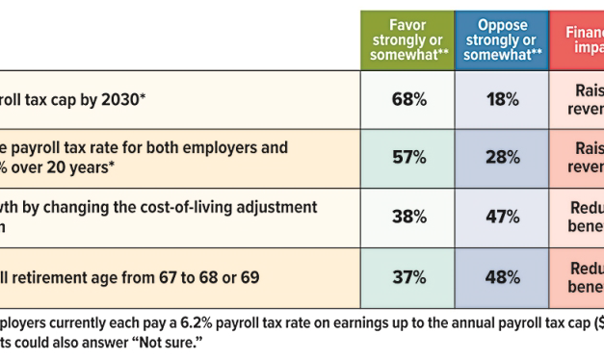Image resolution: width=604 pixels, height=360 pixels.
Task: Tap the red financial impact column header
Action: click(578, 39)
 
